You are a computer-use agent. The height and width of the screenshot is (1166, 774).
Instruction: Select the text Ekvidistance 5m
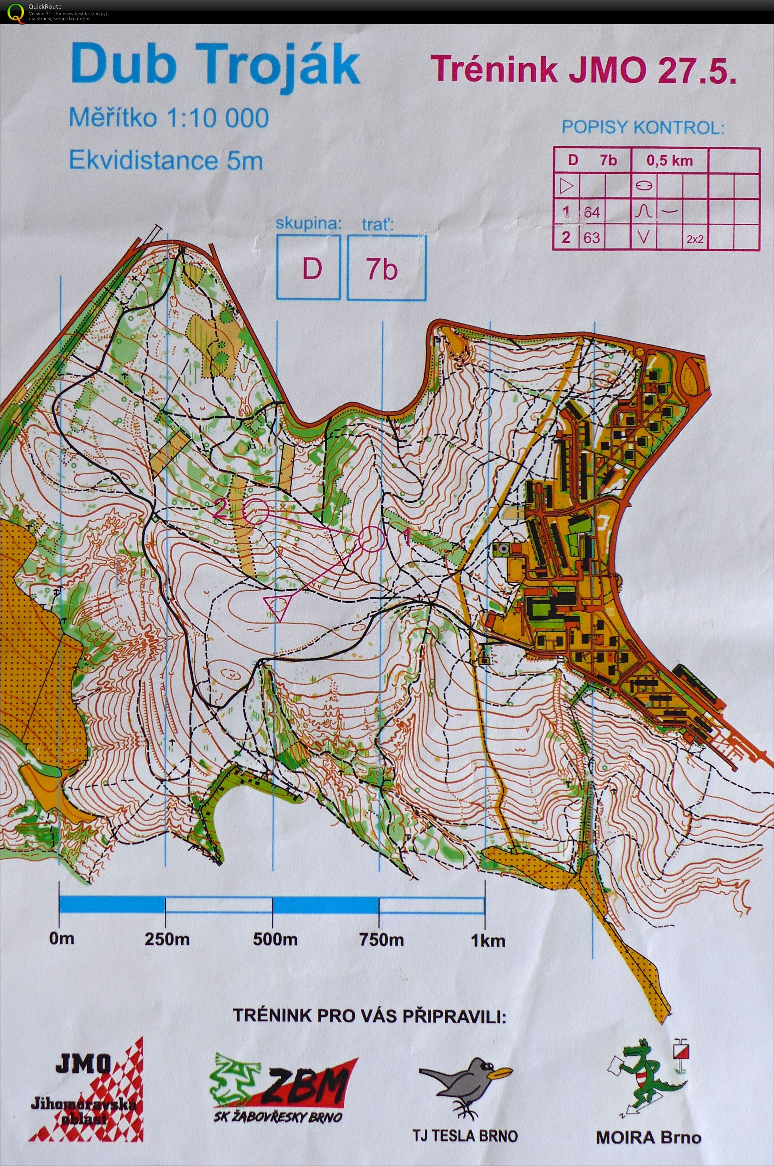tap(166, 160)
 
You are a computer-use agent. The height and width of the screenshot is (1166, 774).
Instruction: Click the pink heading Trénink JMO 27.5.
tap(584, 70)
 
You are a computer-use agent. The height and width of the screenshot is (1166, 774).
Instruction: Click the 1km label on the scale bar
tap(488, 940)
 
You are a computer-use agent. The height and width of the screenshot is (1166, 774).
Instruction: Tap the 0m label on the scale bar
tap(62, 938)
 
